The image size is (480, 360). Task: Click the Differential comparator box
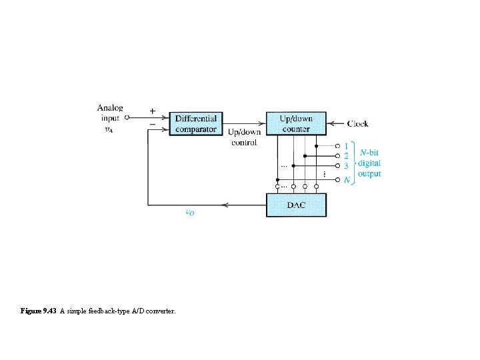pos(195,123)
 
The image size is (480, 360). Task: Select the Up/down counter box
pos(296,123)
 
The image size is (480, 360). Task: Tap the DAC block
pos(296,205)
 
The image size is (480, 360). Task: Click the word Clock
pos(357,123)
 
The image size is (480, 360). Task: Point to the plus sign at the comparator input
pos(153,111)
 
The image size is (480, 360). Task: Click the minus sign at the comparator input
pos(153,124)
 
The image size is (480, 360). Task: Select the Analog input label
pos(110,112)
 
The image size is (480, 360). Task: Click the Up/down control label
pos(244,137)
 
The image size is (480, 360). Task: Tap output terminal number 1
pos(345,146)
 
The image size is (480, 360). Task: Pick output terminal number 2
pos(345,156)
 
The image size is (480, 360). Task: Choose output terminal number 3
pos(345,165)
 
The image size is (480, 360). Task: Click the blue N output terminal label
pos(346,180)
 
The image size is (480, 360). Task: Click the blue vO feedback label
pos(190,213)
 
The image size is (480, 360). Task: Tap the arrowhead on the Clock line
pos(332,123)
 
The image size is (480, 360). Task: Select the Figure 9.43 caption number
pos(39,311)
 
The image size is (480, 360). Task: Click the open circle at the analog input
pos(127,117)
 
